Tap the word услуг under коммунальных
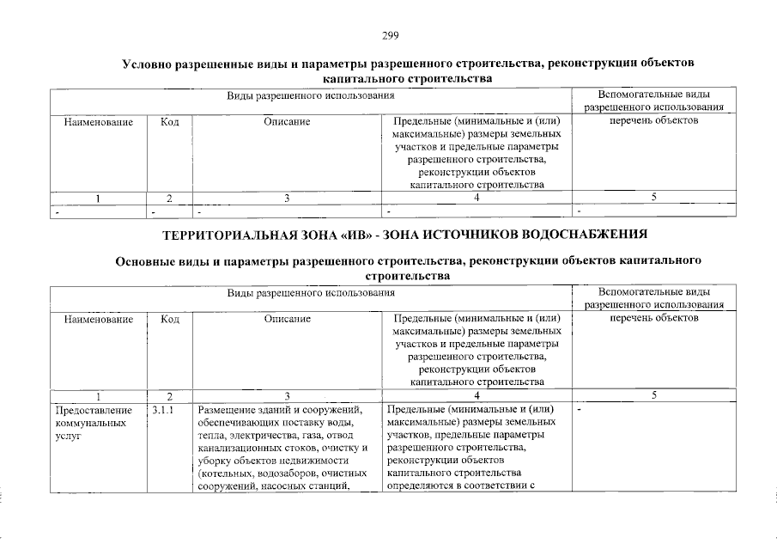(x=66, y=436)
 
